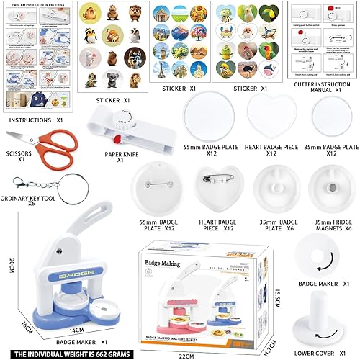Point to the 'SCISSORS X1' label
12,158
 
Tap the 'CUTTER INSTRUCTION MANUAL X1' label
320,87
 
